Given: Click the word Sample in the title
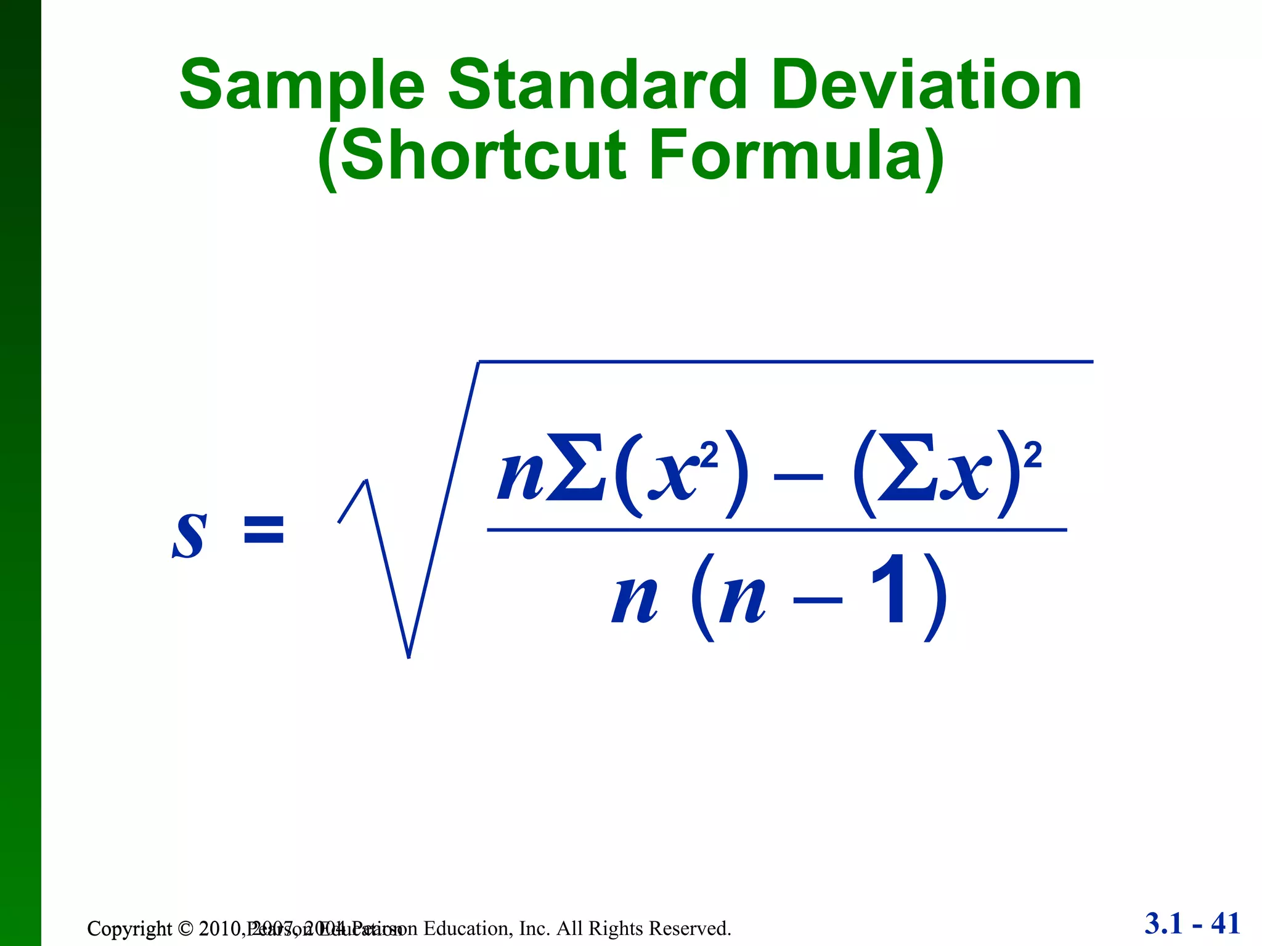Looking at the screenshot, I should pos(302,86).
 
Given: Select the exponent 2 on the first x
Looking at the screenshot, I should pos(709,456).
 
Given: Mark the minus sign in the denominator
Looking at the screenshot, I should pos(817,600).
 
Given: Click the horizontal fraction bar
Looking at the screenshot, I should pos(776,530).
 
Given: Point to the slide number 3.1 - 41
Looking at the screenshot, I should pos(1192,924).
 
